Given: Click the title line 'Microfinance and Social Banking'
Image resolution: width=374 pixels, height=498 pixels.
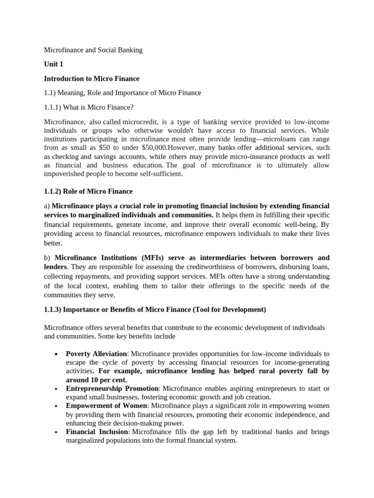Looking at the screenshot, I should point(93,50).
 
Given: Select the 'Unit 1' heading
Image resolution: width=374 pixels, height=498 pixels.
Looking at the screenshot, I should point(54,64).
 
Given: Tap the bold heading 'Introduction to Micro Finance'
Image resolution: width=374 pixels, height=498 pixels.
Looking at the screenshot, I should point(92,78).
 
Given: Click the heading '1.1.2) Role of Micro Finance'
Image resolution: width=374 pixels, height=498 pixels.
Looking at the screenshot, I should point(88,192).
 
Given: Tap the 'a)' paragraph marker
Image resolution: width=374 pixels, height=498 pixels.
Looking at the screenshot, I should point(47,206).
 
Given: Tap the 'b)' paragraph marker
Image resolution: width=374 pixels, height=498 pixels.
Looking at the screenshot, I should point(47,258).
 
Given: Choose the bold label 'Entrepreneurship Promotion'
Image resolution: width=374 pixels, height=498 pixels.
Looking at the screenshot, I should point(112,389).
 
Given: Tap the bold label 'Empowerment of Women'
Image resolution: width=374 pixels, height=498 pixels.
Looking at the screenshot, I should point(106,406).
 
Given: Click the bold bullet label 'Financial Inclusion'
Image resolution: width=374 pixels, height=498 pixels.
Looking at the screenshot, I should point(97,432).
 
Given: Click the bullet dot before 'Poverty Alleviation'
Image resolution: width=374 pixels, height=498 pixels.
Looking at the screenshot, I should point(57,354).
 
